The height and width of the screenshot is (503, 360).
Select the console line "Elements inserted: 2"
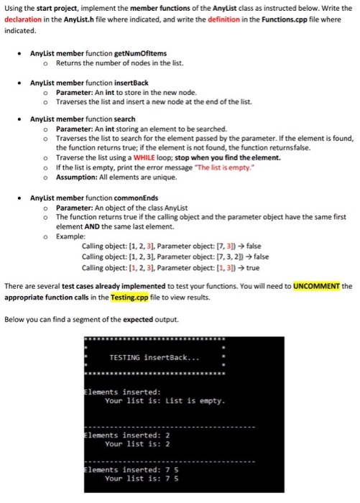121,435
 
